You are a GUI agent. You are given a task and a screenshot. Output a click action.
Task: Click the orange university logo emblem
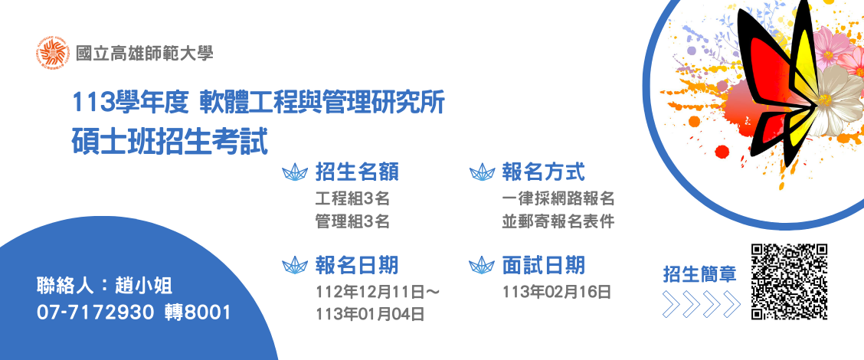(x=54, y=53)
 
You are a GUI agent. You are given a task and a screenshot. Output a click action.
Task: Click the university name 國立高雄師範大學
(x=144, y=54)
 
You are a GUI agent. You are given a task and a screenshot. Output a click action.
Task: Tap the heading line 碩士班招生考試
(x=170, y=141)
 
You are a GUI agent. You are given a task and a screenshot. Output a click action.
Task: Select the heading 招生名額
(x=357, y=172)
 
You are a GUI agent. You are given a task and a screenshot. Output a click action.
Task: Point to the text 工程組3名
(x=352, y=198)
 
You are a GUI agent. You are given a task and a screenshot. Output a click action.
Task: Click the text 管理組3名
(x=352, y=221)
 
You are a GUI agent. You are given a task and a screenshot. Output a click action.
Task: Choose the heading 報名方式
(x=543, y=172)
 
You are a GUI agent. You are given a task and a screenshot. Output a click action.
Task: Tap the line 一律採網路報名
(x=558, y=198)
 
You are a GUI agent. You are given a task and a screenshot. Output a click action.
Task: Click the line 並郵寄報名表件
(x=558, y=221)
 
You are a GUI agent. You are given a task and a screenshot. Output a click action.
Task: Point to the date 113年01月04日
(x=370, y=314)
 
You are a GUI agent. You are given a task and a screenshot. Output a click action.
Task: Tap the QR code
(x=790, y=282)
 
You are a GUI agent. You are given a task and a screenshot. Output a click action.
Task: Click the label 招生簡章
(x=699, y=274)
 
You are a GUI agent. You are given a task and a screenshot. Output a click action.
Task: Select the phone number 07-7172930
(x=95, y=313)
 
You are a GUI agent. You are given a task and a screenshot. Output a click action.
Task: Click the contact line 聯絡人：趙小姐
(x=105, y=286)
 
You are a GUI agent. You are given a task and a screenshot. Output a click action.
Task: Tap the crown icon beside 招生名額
(x=295, y=172)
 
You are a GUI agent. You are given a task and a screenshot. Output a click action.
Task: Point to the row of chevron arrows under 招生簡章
(x=701, y=304)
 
